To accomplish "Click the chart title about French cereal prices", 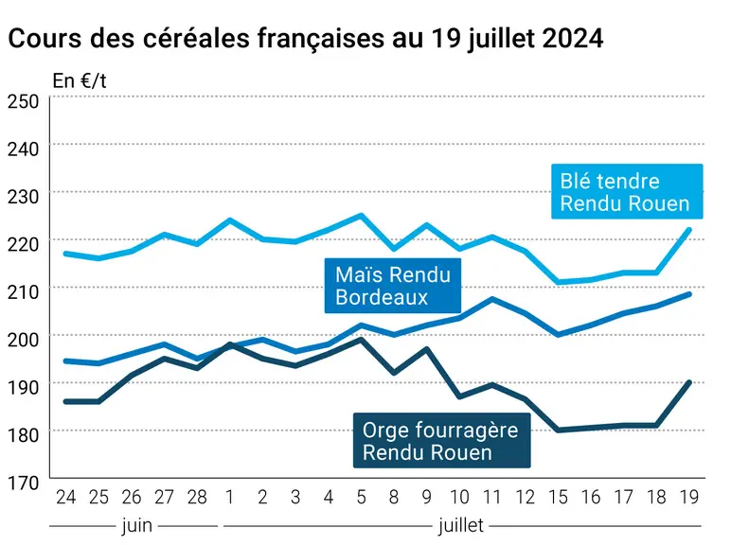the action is click(306, 38).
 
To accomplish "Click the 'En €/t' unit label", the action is click(80, 81).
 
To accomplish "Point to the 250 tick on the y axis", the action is click(23, 101).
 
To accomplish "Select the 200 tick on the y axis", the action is click(23, 339).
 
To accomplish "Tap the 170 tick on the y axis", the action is click(23, 483).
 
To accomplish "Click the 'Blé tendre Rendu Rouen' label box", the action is click(627, 191).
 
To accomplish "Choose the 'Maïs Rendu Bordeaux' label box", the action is click(393, 286).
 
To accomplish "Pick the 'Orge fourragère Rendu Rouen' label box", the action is click(441, 440).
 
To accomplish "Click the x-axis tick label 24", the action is click(65, 497).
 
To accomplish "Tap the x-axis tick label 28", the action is click(197, 497).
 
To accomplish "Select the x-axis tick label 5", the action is click(361, 497).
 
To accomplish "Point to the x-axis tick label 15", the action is click(558, 497).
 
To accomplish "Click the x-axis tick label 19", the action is click(689, 497).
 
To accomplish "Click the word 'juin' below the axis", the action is click(137, 525).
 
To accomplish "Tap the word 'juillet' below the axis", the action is click(460, 525).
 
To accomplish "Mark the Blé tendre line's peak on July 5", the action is click(361, 215).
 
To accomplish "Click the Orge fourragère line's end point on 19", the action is click(689, 382).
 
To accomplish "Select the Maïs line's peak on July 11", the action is click(492, 299).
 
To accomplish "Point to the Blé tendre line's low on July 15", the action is click(558, 282).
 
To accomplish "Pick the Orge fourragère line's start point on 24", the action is click(66, 401).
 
